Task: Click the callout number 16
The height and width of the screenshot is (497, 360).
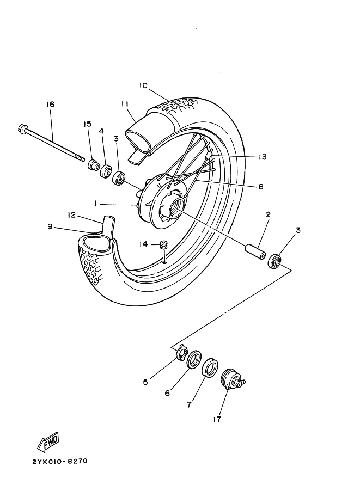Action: point(50,104)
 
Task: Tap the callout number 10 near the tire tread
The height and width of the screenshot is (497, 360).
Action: point(143,85)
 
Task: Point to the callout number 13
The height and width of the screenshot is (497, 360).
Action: point(263,157)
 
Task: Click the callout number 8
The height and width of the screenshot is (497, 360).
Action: point(260,186)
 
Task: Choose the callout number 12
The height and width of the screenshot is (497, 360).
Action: point(71,214)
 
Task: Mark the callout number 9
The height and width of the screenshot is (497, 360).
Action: point(50,227)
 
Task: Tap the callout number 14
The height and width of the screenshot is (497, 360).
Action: point(143,244)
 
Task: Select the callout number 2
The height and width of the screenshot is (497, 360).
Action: point(268,214)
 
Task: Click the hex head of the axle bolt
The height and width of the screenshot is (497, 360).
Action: point(23,130)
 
